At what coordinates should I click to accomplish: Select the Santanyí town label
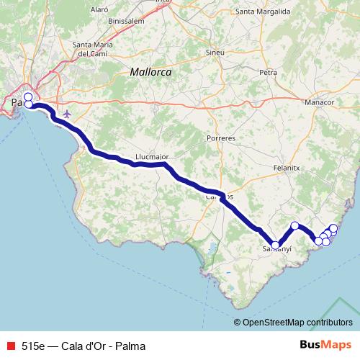[x=276, y=249]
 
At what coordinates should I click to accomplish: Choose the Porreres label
[x=221, y=137]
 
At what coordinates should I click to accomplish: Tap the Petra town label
[x=269, y=73]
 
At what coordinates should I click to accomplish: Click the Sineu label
[x=215, y=53]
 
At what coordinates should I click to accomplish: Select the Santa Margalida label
[x=263, y=12]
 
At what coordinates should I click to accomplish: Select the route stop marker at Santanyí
[x=276, y=245]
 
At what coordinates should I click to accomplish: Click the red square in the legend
[x=10, y=346]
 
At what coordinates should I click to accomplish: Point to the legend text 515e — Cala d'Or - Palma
[x=83, y=346]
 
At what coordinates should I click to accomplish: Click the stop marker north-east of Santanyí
[x=294, y=225]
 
